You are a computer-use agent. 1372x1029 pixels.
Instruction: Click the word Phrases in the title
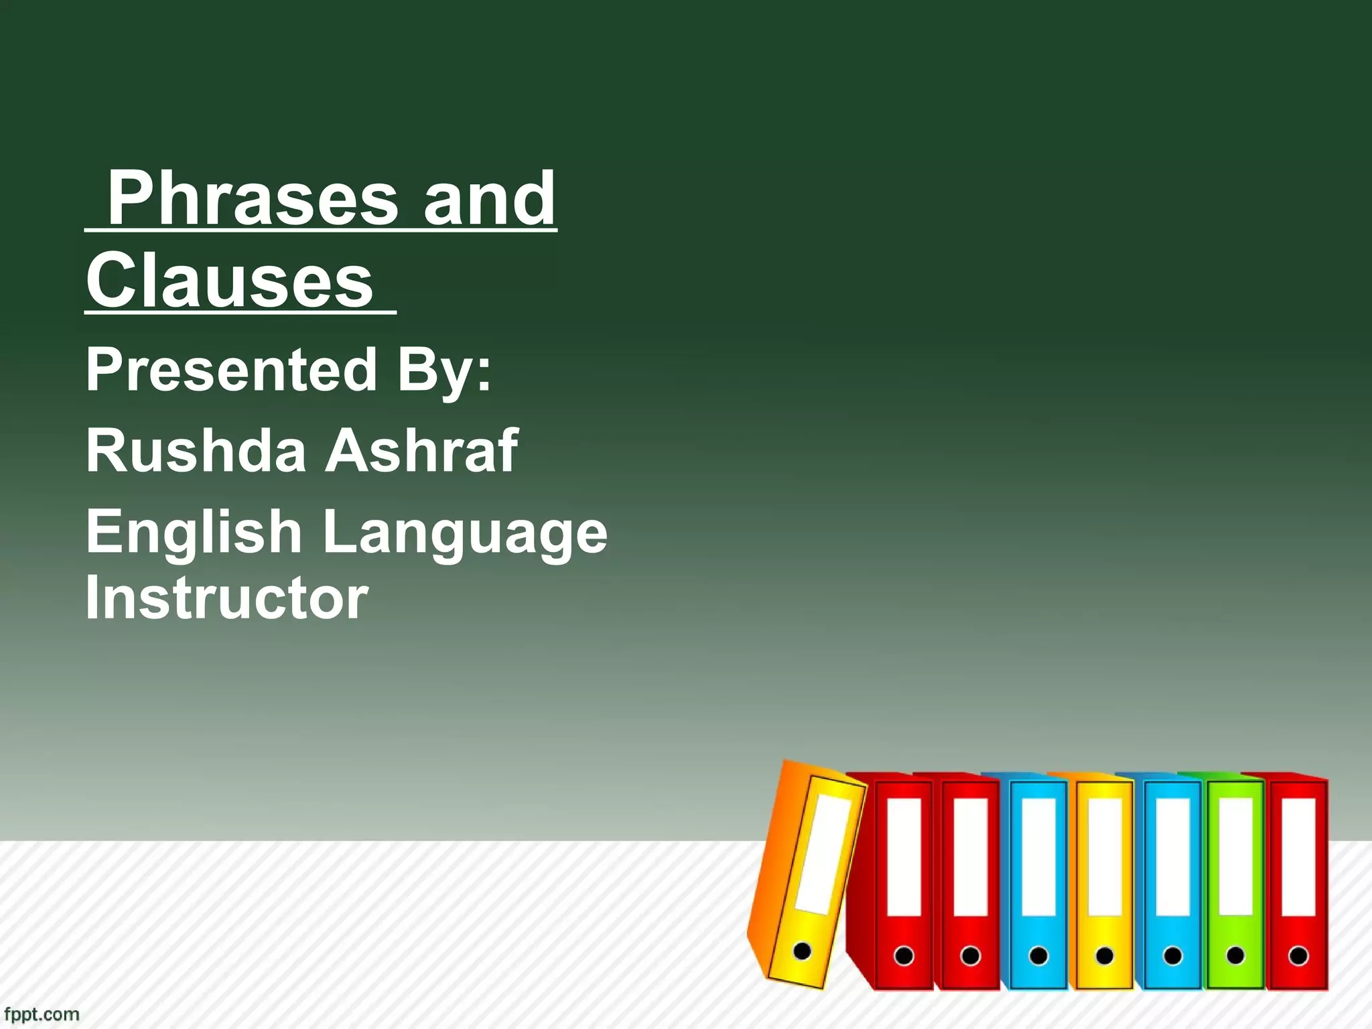click(x=253, y=198)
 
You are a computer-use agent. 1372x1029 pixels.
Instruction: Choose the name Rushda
click(x=196, y=450)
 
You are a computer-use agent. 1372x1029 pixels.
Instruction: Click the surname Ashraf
click(x=421, y=450)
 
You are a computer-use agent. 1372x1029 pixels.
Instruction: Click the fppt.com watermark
click(x=40, y=1014)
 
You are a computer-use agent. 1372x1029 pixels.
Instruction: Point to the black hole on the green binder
click(x=1235, y=955)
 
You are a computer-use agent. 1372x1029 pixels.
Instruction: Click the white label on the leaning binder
click(x=823, y=854)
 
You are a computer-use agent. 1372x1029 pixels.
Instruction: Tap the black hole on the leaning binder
click(x=801, y=950)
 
